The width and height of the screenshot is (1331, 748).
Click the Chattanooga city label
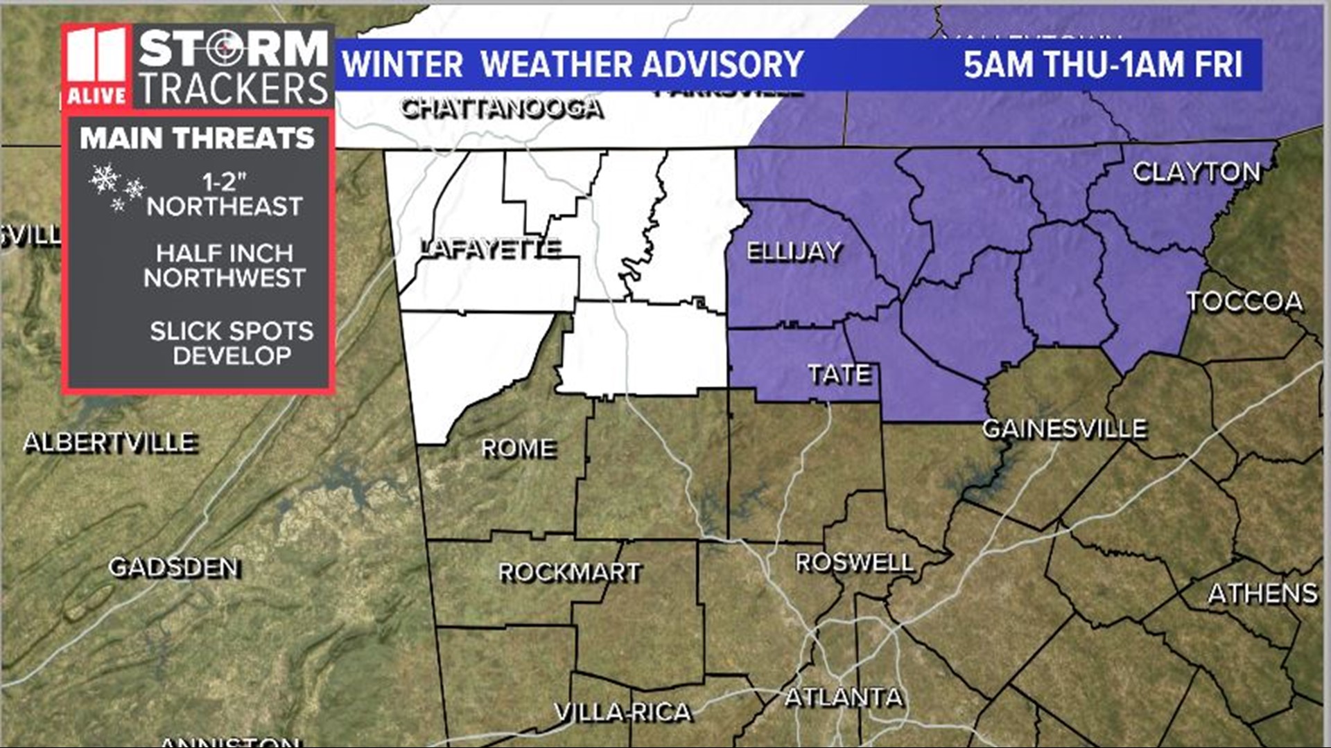(502, 109)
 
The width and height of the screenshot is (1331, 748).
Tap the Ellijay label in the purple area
(794, 251)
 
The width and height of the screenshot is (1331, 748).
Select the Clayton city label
(1197, 172)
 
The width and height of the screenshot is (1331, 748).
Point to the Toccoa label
(1244, 301)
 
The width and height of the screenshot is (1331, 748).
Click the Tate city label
(840, 374)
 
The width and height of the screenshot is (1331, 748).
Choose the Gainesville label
(1064, 429)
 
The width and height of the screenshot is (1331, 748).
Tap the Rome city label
(519, 448)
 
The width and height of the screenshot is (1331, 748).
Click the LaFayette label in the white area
(491, 248)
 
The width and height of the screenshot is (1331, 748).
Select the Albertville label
(110, 442)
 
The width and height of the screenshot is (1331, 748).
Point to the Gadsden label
(175, 567)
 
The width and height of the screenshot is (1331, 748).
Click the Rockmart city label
(570, 572)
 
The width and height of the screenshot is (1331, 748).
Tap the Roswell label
(854, 562)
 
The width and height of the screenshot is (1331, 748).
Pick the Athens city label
(1262, 594)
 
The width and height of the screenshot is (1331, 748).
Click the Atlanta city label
(844, 696)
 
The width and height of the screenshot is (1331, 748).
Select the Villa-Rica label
(623, 711)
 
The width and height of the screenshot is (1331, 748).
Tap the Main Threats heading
(197, 138)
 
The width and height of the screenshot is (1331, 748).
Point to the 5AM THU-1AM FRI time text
(1102, 64)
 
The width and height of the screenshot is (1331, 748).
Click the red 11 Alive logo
(96, 67)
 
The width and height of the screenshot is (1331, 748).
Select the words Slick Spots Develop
(232, 343)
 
